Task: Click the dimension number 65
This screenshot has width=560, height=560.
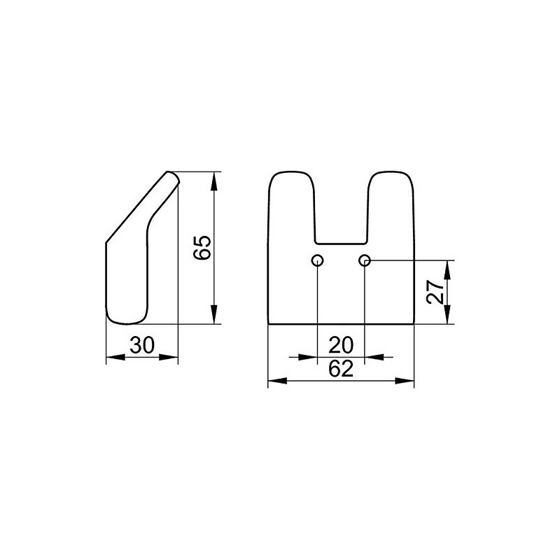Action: pyautogui.click(x=202, y=248)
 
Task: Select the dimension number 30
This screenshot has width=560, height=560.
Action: pyautogui.click(x=142, y=345)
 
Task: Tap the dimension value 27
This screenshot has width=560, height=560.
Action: pyautogui.click(x=435, y=292)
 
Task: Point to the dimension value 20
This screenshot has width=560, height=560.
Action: pyautogui.click(x=341, y=345)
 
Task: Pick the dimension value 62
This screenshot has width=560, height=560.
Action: pyautogui.click(x=341, y=369)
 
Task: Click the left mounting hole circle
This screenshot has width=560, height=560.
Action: pyautogui.click(x=317, y=260)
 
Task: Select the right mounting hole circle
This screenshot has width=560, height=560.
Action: pyautogui.click(x=364, y=260)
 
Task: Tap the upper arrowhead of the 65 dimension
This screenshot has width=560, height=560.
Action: pyautogui.click(x=214, y=181)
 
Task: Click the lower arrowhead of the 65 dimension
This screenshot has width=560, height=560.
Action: pyautogui.click(x=214, y=314)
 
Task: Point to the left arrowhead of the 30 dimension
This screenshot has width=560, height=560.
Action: pyautogui.click(x=115, y=357)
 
